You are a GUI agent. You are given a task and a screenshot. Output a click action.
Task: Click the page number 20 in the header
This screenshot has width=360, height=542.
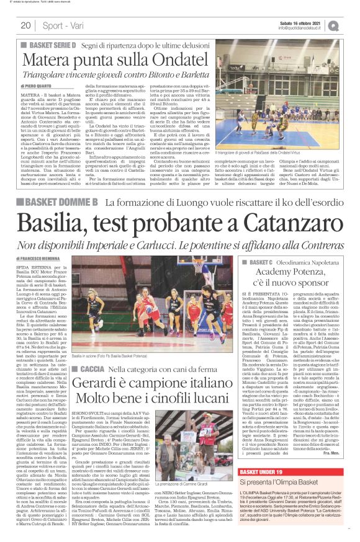[25, 25]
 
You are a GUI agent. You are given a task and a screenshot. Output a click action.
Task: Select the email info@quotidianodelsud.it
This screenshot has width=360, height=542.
[302, 28]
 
